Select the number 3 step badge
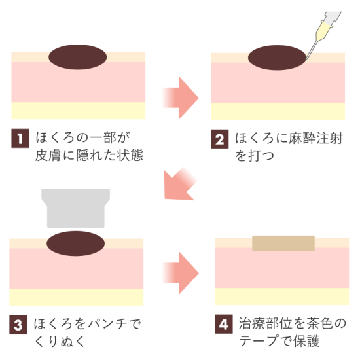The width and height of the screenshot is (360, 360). (x=19, y=324)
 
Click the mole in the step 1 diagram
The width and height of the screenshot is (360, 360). (x=78, y=56)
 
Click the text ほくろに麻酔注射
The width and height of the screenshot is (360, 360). (x=288, y=139)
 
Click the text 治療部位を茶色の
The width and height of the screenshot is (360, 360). (x=291, y=324)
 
